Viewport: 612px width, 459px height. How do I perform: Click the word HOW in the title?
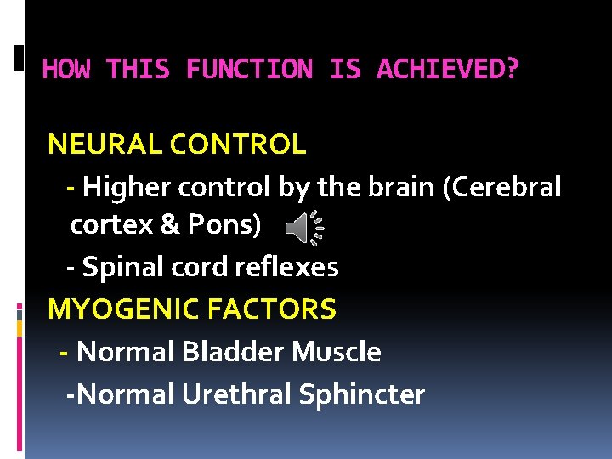click(x=66, y=69)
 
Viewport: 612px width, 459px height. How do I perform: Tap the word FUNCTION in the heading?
click(x=249, y=69)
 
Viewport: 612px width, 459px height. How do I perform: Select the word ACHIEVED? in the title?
click(x=447, y=69)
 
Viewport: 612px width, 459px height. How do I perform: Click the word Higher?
click(x=124, y=187)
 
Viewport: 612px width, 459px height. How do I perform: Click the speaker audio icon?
click(x=303, y=225)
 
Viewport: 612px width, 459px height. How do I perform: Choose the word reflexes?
click(x=287, y=268)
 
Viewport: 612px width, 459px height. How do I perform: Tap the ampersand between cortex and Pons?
click(x=169, y=225)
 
